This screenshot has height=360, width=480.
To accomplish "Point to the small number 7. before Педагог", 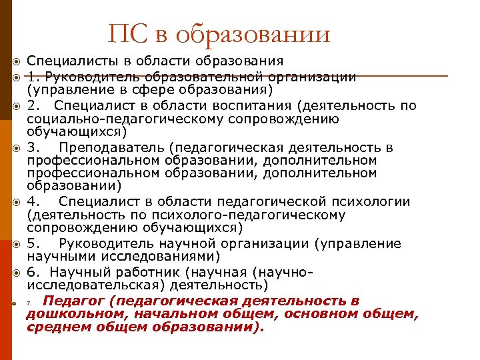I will click(x=29, y=303).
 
